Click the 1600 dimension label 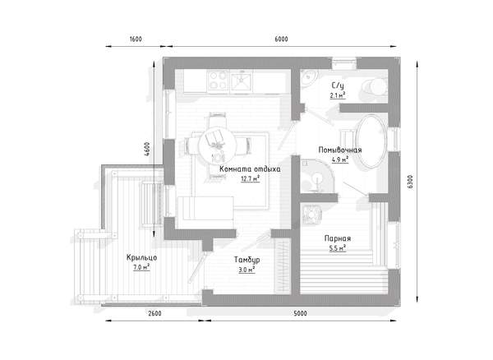(136, 39)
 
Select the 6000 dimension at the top (281, 39)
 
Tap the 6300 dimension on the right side (410, 182)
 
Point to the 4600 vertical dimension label (146, 150)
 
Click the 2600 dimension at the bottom (154, 313)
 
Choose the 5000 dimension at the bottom (300, 313)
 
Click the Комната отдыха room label (250, 168)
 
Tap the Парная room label (338, 238)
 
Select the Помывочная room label (340, 150)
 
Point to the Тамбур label (246, 260)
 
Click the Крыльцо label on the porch (141, 257)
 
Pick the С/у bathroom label (338, 85)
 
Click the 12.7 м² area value (251, 179)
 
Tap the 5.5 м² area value (338, 248)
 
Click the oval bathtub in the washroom (371, 141)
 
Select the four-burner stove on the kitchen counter (219, 81)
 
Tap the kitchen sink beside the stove (242, 81)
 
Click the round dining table (217, 145)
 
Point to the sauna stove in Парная (311, 215)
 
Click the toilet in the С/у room (374, 86)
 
